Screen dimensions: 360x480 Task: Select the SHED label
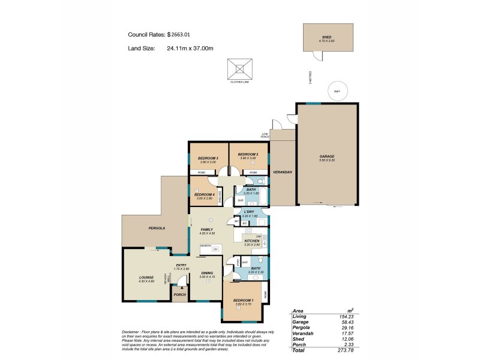point(327,37)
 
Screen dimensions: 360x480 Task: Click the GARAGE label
point(327,157)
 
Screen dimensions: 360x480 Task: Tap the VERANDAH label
point(283,173)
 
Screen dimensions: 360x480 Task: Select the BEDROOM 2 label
point(248,154)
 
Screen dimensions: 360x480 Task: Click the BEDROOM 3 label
point(208,158)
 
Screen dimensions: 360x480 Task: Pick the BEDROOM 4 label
point(205,194)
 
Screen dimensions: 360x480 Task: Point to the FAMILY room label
point(207,230)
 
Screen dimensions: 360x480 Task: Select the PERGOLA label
point(157,228)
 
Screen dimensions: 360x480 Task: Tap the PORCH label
point(179,295)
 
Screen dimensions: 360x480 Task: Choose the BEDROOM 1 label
point(243,300)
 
